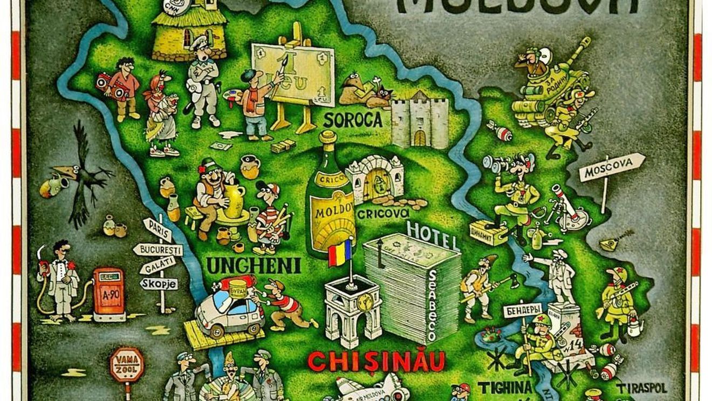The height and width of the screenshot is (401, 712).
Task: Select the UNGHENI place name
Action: pyautogui.click(x=254, y=265)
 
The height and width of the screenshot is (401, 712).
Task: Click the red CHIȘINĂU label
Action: pyautogui.click(x=376, y=361)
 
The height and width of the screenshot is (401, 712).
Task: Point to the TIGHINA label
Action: pyautogui.click(x=504, y=388)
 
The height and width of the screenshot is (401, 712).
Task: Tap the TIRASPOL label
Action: pyautogui.click(x=642, y=388)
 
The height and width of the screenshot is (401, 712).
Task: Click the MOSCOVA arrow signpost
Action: pyautogui.click(x=612, y=167)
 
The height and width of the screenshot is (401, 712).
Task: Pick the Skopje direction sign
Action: pyautogui.click(x=159, y=283)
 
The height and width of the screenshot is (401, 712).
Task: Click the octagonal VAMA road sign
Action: pyautogui.click(x=127, y=364)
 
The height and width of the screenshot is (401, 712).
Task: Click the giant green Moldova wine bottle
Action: pyautogui.click(x=330, y=200)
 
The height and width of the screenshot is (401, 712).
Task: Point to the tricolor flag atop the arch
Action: pyautogui.click(x=340, y=253)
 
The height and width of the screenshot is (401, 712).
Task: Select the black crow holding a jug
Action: pyautogui.click(x=81, y=173)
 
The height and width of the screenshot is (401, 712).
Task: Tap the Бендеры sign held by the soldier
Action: pyautogui.click(x=522, y=310)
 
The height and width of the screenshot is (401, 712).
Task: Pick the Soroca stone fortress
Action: pyautogui.click(x=419, y=121)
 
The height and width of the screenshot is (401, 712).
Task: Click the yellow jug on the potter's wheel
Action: pyautogui.click(x=235, y=200)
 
